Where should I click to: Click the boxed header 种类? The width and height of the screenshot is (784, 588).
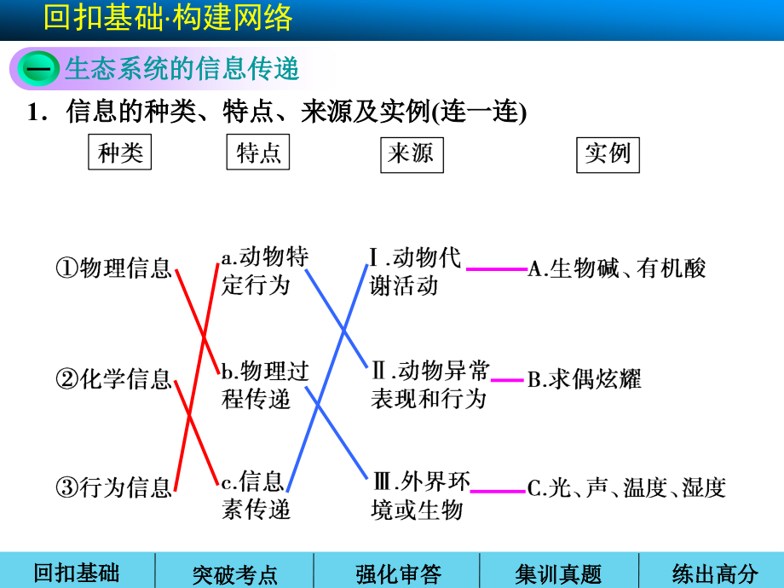(120, 153)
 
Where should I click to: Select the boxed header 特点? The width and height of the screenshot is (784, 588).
(258, 153)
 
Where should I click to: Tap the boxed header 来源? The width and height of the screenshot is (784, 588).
(412, 153)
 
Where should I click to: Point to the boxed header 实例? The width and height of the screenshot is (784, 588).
(608, 153)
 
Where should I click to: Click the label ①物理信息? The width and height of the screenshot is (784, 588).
(114, 269)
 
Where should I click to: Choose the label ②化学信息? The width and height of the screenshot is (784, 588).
(114, 379)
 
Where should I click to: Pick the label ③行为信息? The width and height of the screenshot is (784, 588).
(114, 488)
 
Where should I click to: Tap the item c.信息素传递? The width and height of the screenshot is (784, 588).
(256, 494)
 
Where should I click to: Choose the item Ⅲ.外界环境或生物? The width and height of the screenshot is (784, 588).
(419, 494)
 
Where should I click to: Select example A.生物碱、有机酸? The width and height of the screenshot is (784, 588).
(617, 269)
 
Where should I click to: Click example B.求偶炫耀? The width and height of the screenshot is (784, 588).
(584, 380)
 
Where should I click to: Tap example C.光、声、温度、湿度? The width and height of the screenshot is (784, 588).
(626, 488)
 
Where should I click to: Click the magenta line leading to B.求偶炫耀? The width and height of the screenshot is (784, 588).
(508, 380)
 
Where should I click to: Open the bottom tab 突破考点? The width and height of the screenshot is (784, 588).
(234, 574)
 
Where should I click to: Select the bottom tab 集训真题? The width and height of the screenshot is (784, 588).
(558, 574)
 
